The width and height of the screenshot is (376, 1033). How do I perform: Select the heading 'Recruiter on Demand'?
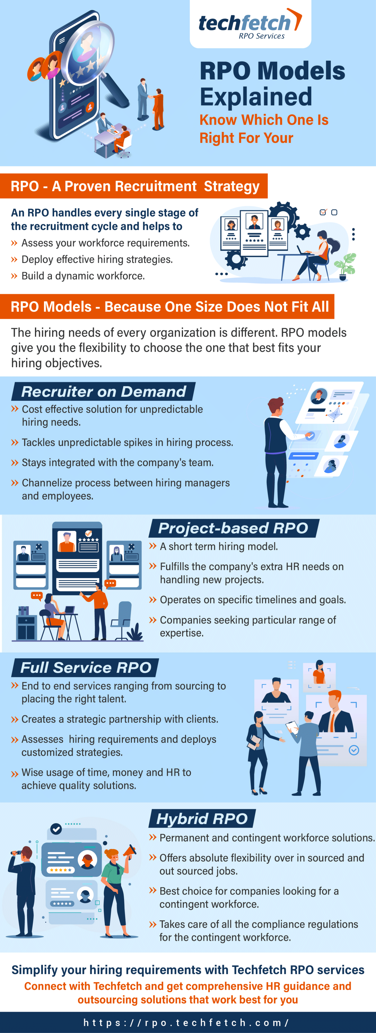click(104, 391)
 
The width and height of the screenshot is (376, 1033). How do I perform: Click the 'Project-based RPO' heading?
click(233, 528)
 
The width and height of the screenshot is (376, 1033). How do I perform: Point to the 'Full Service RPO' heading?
click(86, 667)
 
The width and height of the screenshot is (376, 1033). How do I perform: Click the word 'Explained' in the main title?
click(256, 97)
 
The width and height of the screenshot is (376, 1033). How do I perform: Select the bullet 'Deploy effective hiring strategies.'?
click(97, 260)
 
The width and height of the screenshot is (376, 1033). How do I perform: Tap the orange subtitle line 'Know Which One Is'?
click(264, 120)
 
